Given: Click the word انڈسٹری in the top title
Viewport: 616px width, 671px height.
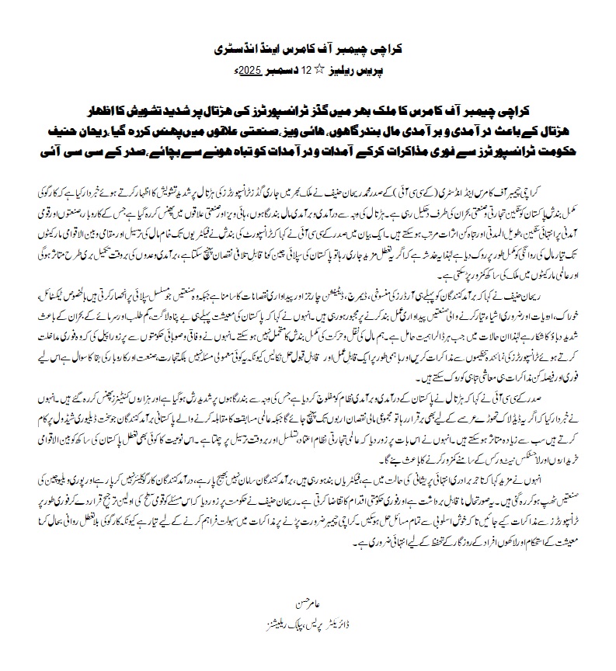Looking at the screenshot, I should pos(236,48).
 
